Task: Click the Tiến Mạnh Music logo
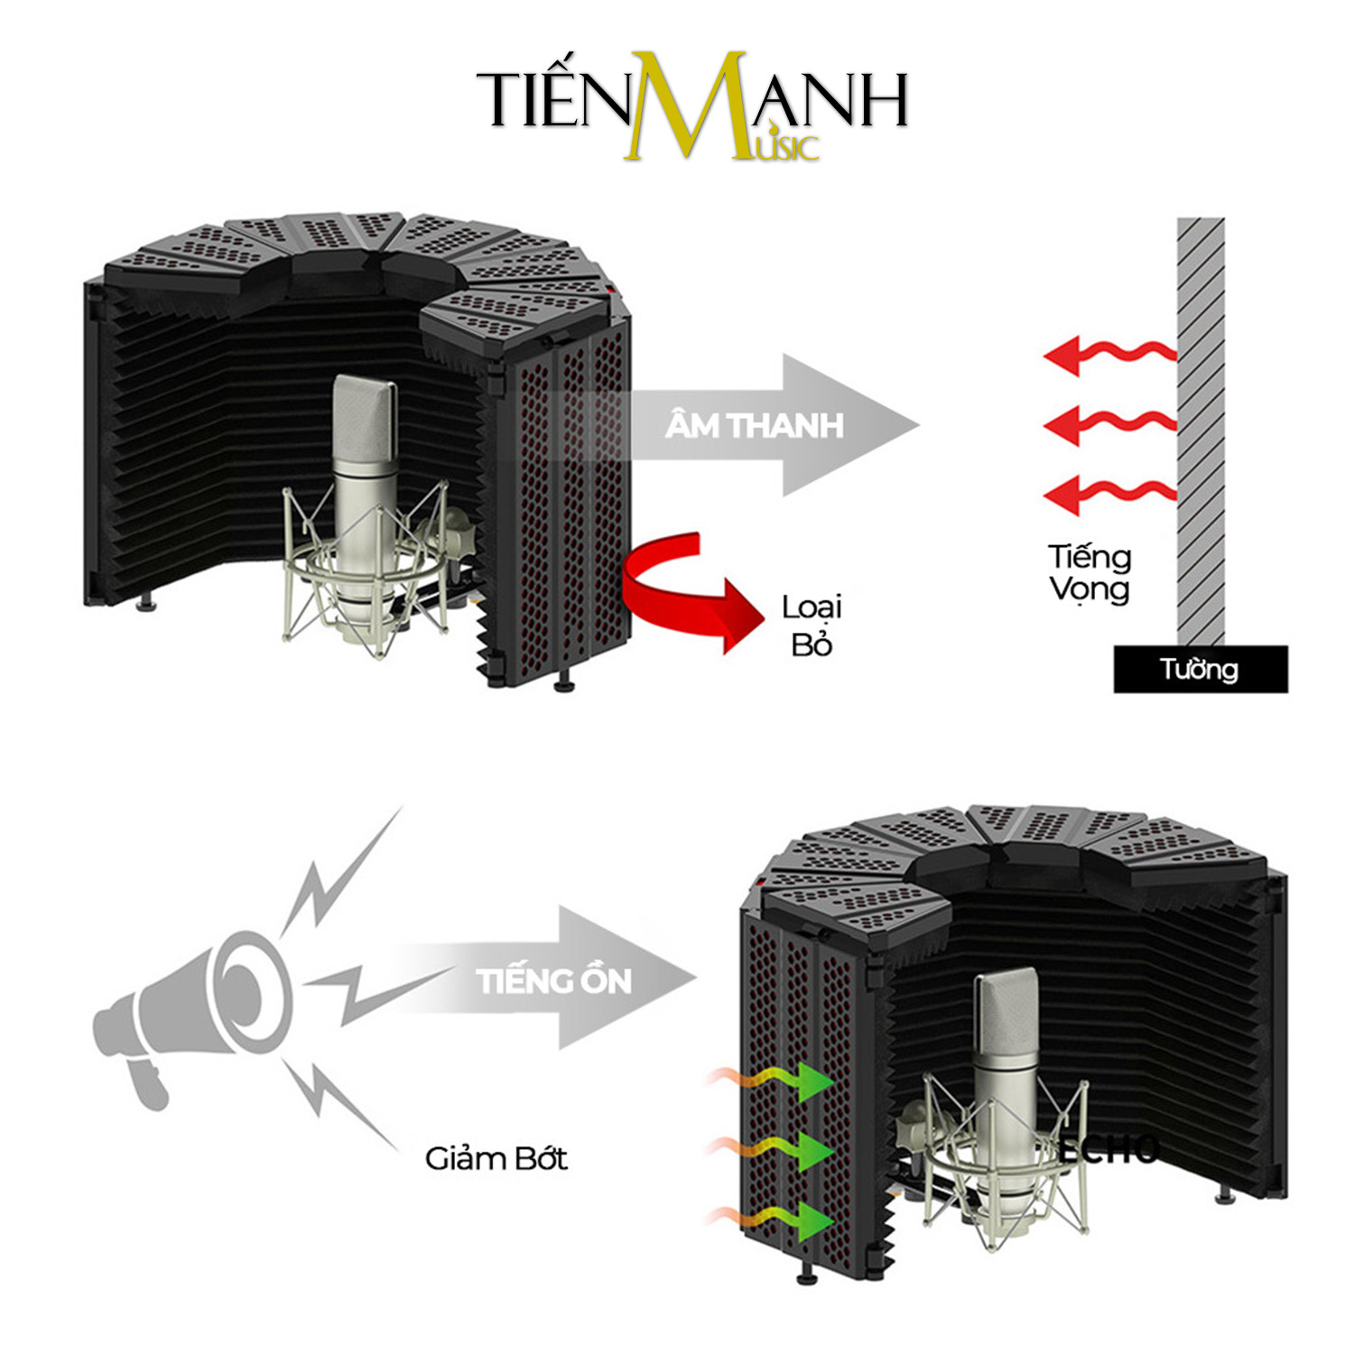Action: tap(691, 107)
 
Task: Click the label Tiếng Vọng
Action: tap(1090, 573)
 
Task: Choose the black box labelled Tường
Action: tap(1201, 670)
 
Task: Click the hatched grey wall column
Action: tap(1201, 431)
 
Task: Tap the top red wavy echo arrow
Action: tap(1110, 355)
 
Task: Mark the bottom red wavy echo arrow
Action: tap(1110, 496)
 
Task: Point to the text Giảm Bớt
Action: tap(496, 1158)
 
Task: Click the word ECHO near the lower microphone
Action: tap(1108, 1149)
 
